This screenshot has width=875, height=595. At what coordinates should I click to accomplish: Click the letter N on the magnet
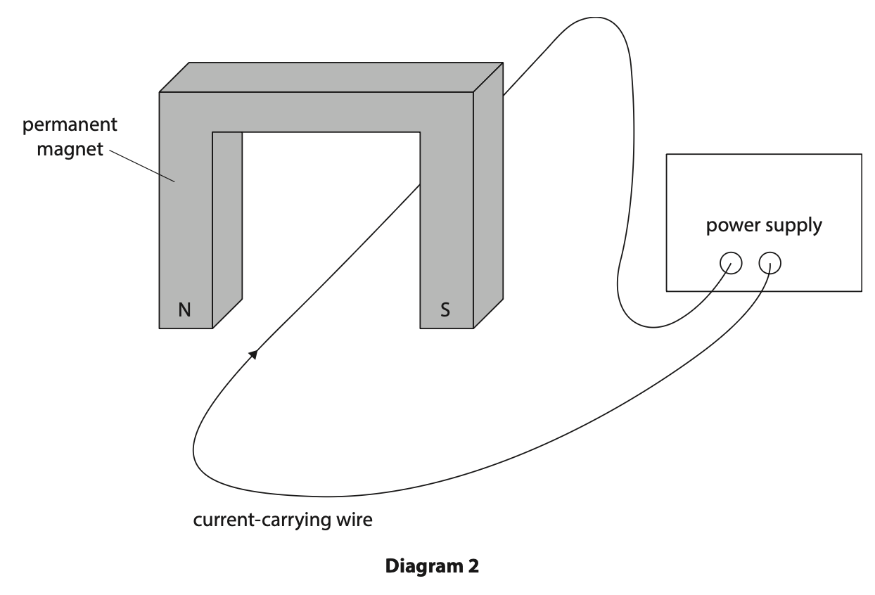184,309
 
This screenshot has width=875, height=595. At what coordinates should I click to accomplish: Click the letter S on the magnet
445,309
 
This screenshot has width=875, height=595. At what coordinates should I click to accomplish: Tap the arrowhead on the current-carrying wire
253,354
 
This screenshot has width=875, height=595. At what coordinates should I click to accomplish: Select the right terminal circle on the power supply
770,263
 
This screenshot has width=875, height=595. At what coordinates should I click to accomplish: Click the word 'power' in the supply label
730,226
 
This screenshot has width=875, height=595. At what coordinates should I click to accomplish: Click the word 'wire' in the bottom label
358,521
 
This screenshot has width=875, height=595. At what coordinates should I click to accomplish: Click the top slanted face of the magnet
331,77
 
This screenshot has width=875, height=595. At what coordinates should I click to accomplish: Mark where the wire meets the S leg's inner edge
421,184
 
